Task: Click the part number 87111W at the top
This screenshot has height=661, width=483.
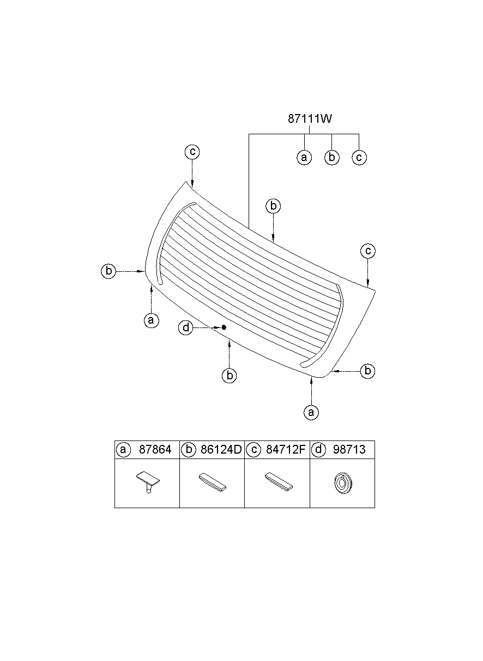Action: [x=310, y=119]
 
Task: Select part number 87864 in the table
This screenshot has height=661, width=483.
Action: [x=155, y=449]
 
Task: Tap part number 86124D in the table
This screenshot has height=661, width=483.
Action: [x=221, y=449]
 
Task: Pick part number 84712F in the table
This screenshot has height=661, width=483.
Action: [x=286, y=449]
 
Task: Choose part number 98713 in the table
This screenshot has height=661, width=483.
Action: [x=349, y=449]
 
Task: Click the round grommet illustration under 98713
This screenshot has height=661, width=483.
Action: [x=343, y=483]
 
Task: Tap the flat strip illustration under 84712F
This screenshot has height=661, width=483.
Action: [x=279, y=481]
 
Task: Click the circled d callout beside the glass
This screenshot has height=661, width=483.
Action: [x=186, y=327]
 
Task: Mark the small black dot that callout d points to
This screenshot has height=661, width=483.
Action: [x=224, y=327]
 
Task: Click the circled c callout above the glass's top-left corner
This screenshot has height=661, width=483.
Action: [x=192, y=152]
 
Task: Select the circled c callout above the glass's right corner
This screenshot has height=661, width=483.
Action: [x=368, y=251]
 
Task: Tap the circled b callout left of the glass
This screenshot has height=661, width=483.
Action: [x=108, y=271]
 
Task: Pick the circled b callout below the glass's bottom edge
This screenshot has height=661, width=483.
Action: [x=230, y=376]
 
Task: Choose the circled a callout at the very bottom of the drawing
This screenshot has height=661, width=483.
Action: [x=311, y=412]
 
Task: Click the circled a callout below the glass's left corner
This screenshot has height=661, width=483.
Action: [x=152, y=320]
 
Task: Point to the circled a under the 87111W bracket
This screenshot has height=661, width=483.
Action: [x=304, y=157]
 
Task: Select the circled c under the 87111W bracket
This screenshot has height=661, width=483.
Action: [x=359, y=157]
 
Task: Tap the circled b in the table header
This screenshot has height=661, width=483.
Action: [x=189, y=450]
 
